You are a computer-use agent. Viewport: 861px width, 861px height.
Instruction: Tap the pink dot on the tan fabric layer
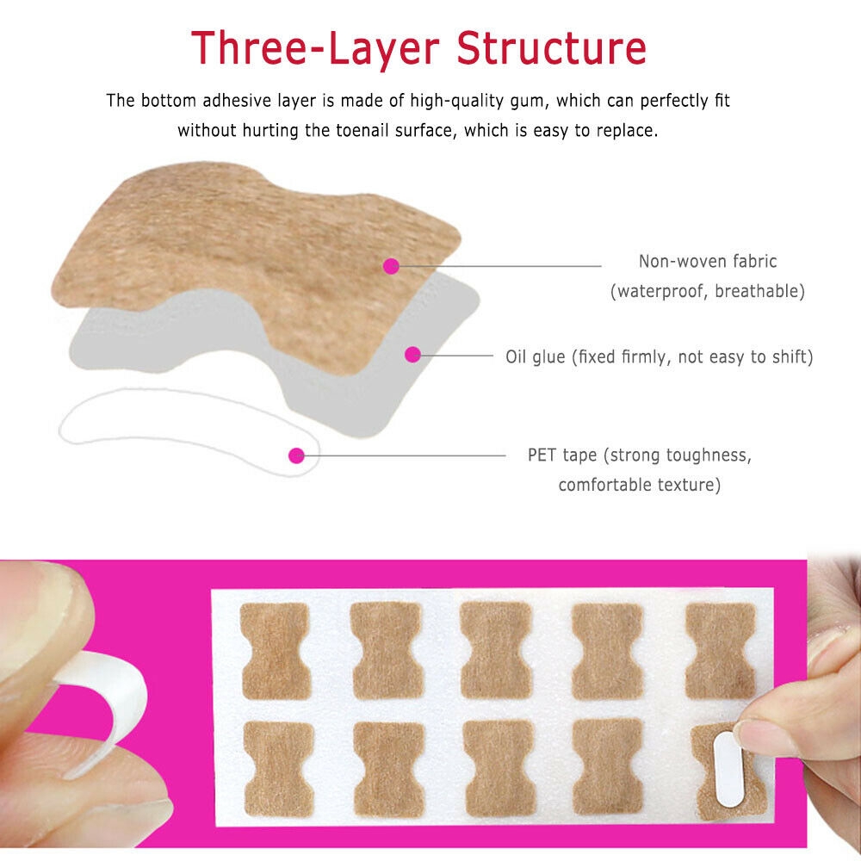(391, 266)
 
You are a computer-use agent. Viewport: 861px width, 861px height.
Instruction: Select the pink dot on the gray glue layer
(412, 354)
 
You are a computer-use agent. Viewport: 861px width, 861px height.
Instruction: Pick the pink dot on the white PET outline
(296, 455)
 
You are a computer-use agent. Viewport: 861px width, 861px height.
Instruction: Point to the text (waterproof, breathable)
(708, 291)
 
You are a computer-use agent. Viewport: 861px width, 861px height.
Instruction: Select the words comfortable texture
(639, 485)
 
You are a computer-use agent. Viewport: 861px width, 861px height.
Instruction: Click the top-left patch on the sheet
(275, 650)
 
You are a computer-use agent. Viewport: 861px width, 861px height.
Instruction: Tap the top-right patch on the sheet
(720, 650)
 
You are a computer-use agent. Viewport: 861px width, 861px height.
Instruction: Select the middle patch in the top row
(497, 650)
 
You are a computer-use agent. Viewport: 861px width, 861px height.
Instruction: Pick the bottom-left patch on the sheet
(278, 769)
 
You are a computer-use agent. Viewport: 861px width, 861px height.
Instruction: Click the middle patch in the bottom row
(499, 769)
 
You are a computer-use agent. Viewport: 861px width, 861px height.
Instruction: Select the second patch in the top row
(387, 650)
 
